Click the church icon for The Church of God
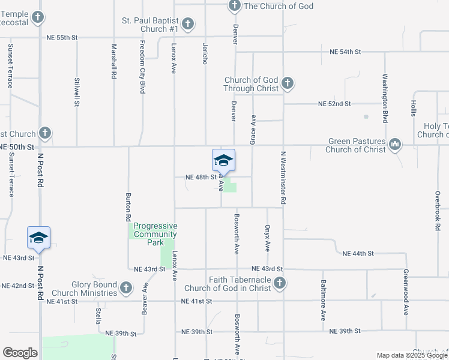234,7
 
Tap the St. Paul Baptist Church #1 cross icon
188,24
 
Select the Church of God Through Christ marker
288,83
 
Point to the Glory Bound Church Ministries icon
125,289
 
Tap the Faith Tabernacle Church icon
279,283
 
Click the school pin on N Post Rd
38,238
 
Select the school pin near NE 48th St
223,160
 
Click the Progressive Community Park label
155,234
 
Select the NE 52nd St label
334,104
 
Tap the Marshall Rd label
113,62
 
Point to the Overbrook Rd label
438,212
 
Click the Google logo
20,353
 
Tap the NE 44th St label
358,254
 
